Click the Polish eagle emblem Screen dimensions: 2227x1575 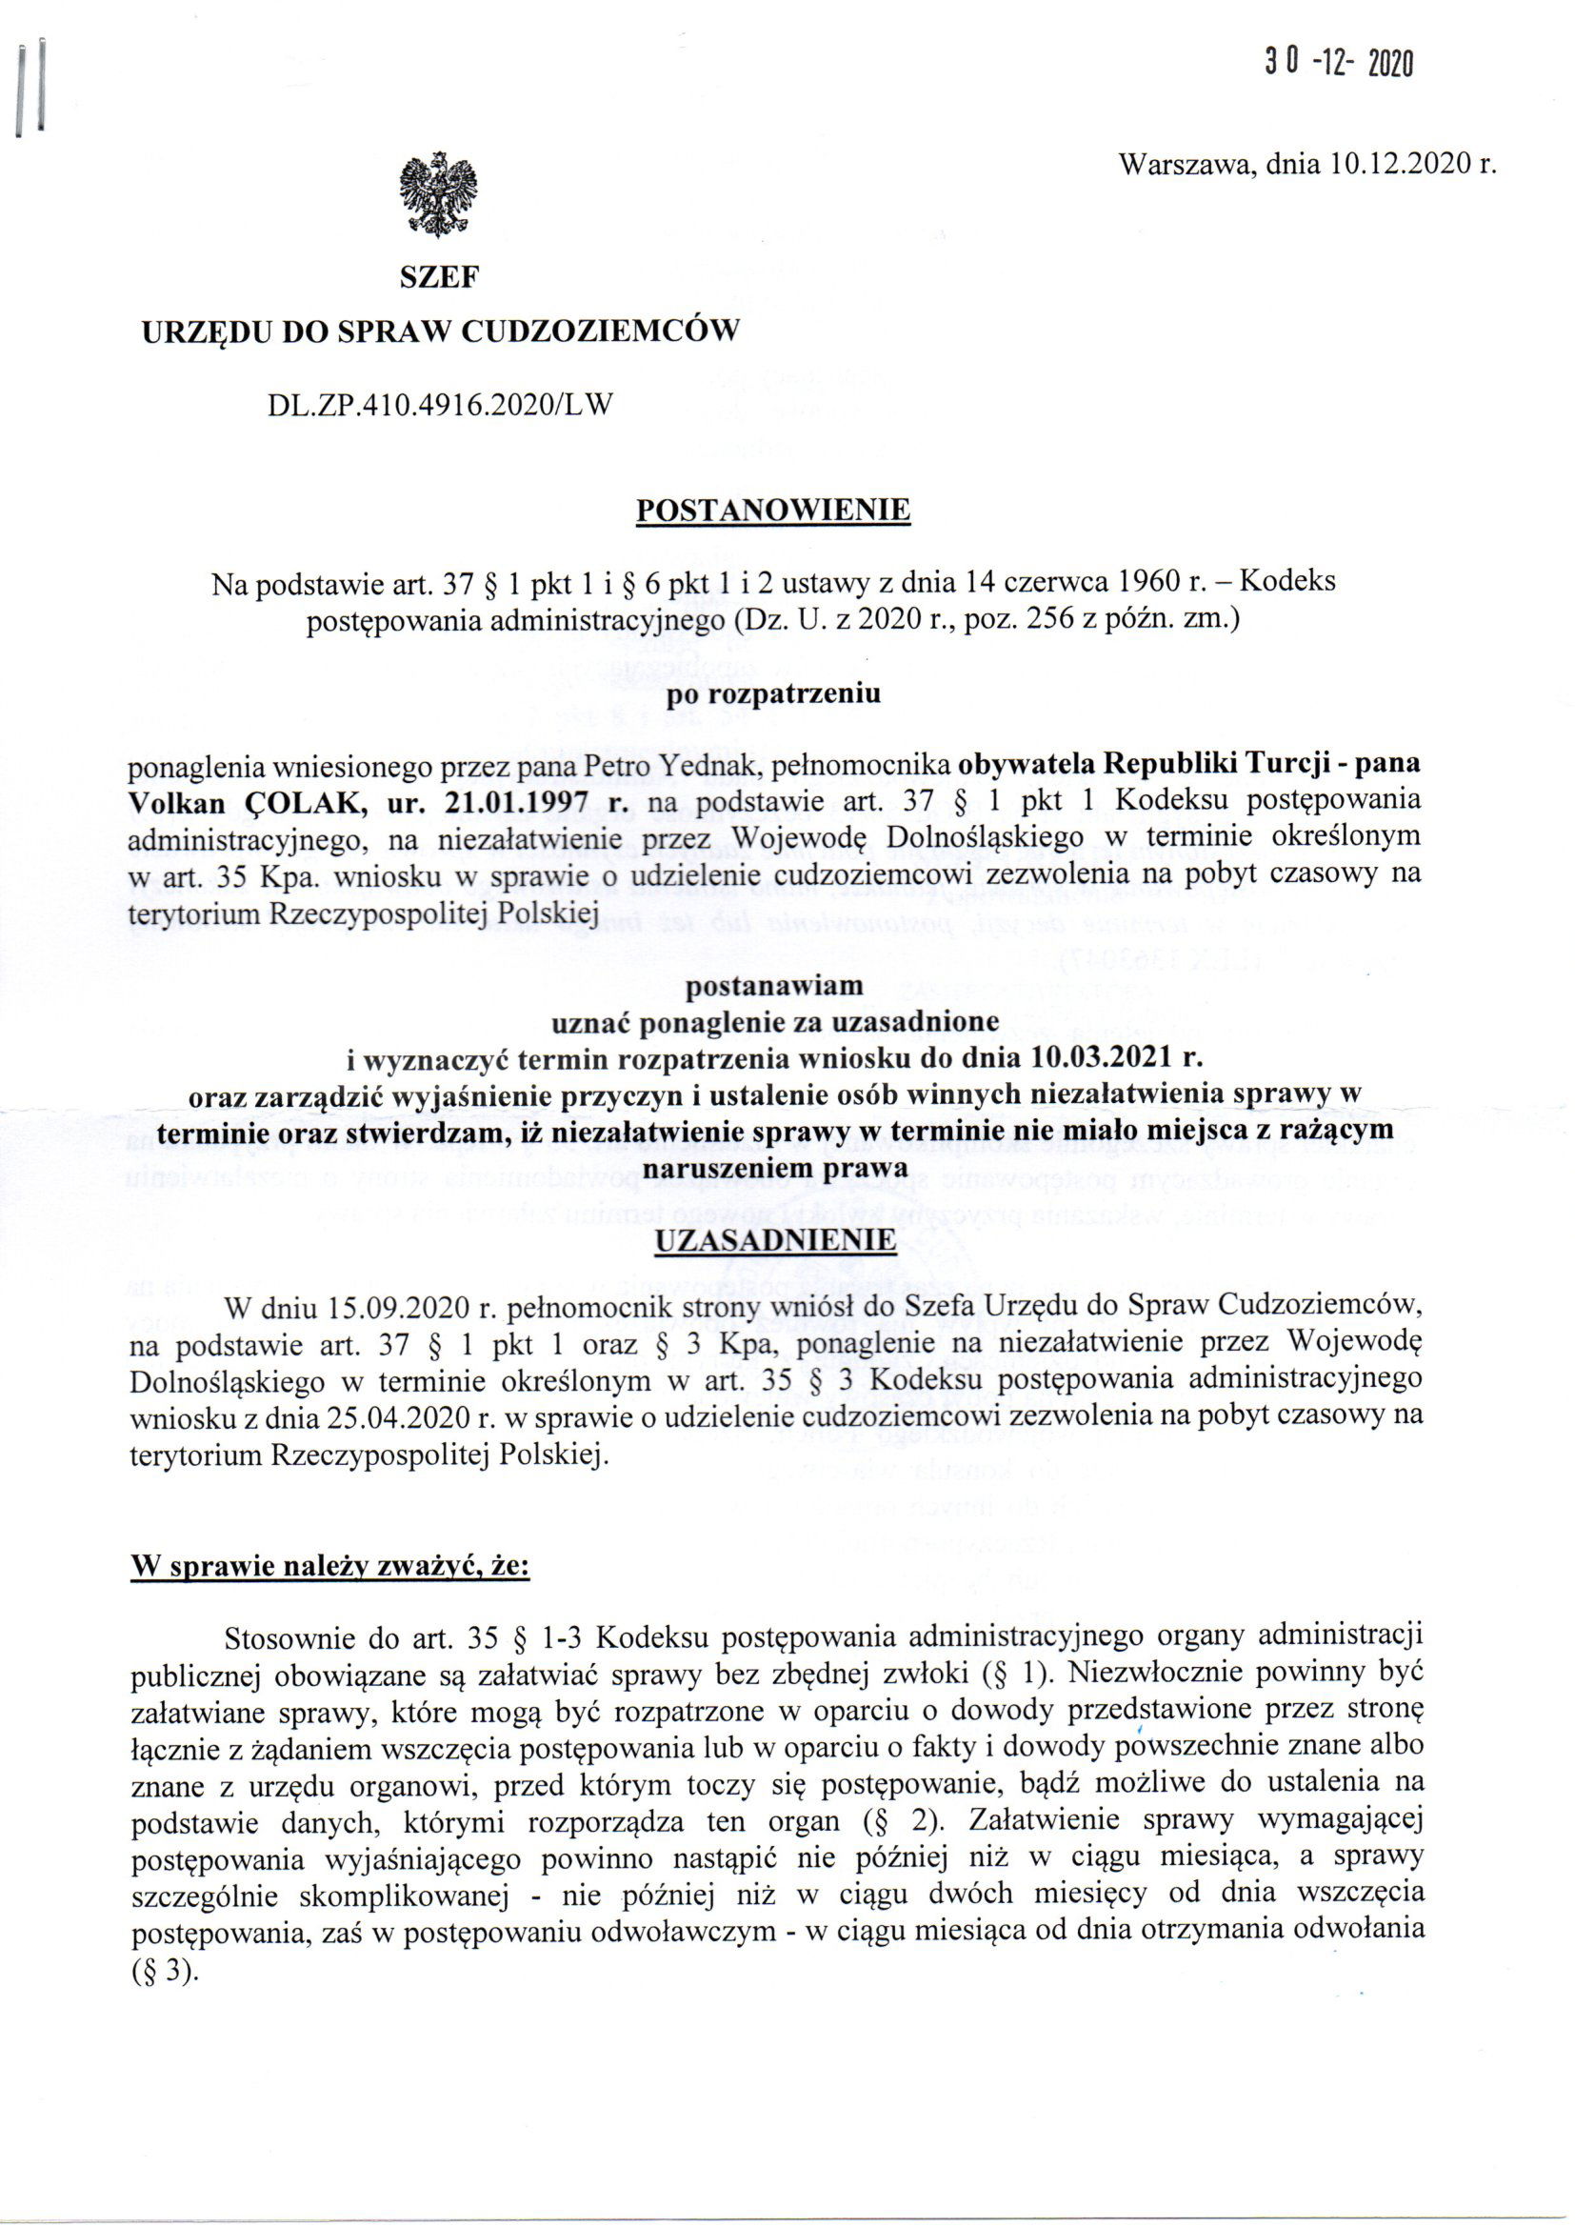(438, 195)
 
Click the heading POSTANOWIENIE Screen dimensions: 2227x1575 (772, 511)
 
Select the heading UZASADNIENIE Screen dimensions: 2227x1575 (775, 1241)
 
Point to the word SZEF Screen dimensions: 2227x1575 (439, 278)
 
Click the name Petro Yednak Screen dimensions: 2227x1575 (648, 764)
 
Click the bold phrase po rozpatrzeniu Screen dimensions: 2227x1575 (774, 694)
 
